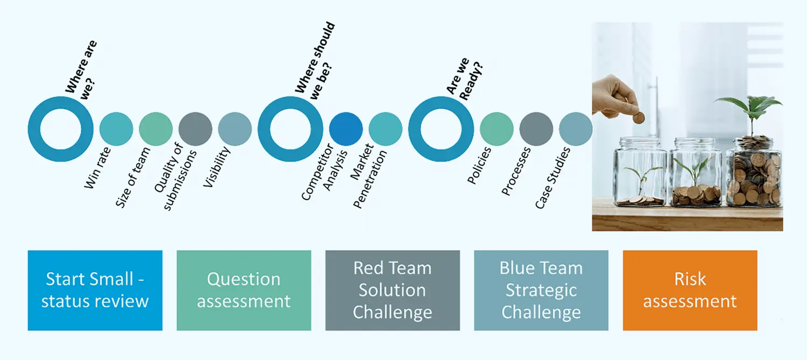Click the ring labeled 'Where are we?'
point(34,129)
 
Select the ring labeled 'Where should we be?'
point(265,129)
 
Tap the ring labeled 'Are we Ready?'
point(415,129)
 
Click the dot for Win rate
point(116,129)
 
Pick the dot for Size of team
point(155,129)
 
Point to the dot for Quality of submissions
point(195,129)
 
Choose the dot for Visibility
point(235,129)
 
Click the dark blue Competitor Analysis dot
point(346,129)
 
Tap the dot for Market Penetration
point(386,129)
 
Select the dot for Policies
point(497,129)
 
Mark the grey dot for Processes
point(536,129)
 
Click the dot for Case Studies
point(576,129)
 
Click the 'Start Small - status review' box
point(95,291)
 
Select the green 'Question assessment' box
point(244,291)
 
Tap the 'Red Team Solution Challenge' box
point(393,291)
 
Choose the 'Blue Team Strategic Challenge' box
point(541,291)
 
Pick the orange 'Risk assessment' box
point(690,291)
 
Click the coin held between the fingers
point(639,118)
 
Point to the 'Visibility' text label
point(216,167)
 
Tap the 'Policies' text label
point(479,165)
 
